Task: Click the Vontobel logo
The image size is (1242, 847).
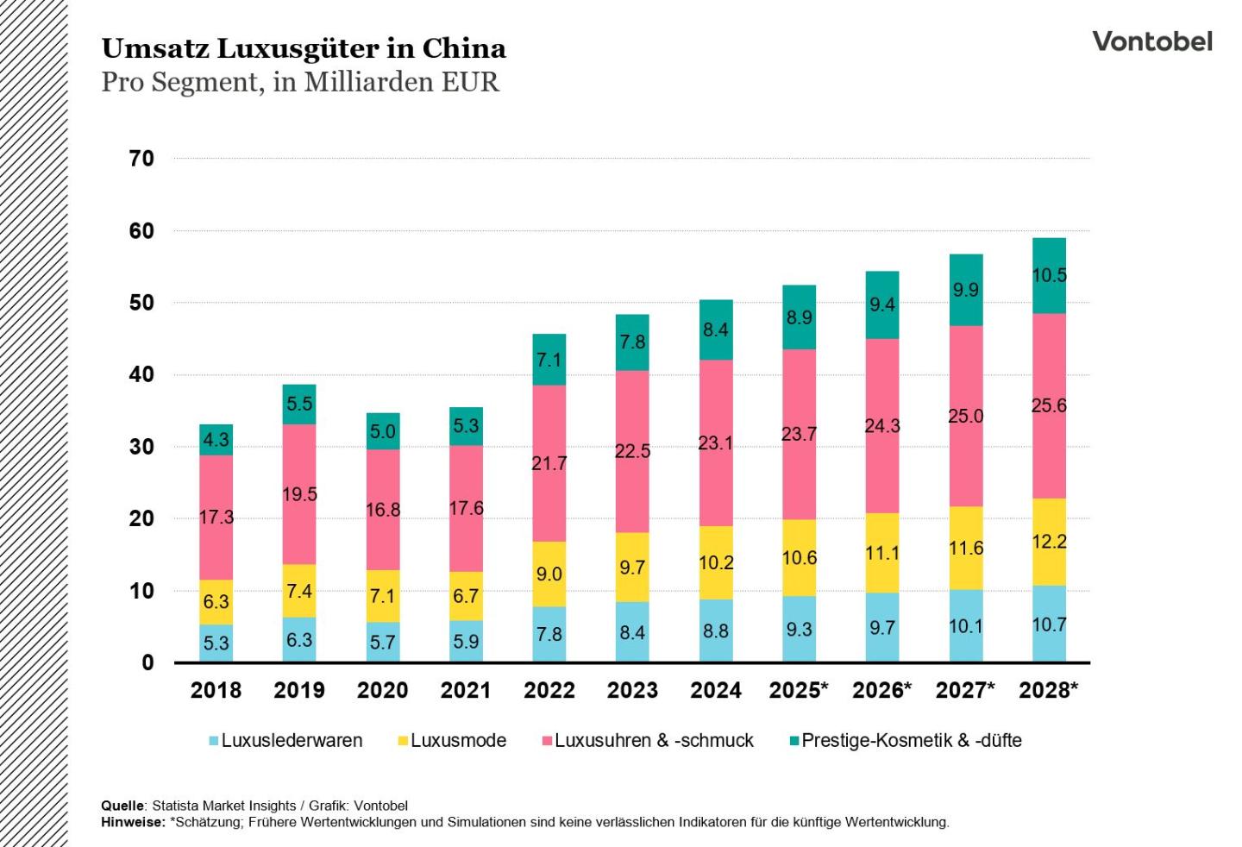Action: (x=1151, y=41)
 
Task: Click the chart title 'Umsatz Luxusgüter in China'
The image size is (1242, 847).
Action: (x=304, y=48)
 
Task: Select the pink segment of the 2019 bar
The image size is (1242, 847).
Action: (x=299, y=494)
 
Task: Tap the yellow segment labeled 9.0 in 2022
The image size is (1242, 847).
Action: (x=549, y=574)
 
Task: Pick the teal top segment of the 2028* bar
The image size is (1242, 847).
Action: (x=1049, y=275)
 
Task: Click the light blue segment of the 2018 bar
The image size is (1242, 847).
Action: (x=216, y=643)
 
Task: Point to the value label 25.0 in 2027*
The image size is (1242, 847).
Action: (x=965, y=416)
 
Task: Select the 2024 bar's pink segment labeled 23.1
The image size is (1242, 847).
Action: (x=716, y=442)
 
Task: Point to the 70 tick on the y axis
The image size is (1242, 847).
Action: (x=141, y=159)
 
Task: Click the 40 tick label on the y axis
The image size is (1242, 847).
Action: (x=141, y=375)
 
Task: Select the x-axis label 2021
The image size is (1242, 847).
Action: (x=466, y=691)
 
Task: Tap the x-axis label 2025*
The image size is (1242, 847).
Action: (x=799, y=691)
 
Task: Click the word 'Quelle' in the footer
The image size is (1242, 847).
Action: (x=122, y=806)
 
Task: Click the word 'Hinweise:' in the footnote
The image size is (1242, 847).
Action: (x=133, y=822)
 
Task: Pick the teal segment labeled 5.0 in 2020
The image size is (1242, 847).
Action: (x=382, y=431)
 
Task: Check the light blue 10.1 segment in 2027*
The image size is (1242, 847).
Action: (x=965, y=626)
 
